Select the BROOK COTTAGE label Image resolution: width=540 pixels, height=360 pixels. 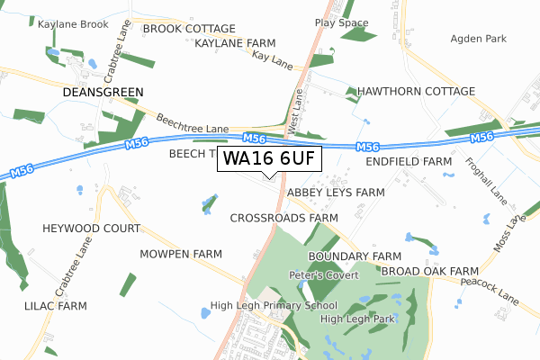(x=189, y=29)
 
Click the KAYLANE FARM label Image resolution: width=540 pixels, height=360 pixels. (x=235, y=42)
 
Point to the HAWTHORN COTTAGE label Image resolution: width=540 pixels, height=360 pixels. (x=416, y=92)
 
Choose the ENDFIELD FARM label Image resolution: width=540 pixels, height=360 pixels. (x=409, y=161)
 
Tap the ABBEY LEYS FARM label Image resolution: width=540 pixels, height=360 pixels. (x=336, y=193)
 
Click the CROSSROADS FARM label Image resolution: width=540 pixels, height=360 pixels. (x=283, y=218)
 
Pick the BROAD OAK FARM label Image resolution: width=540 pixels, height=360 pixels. (x=429, y=271)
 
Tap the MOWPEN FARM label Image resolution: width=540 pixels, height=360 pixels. (x=181, y=255)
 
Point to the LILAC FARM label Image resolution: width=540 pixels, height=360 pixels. (x=56, y=306)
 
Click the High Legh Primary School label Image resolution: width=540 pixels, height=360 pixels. (x=274, y=305)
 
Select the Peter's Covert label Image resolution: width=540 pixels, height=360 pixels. (x=324, y=274)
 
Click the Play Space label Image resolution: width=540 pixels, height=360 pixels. (x=342, y=22)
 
